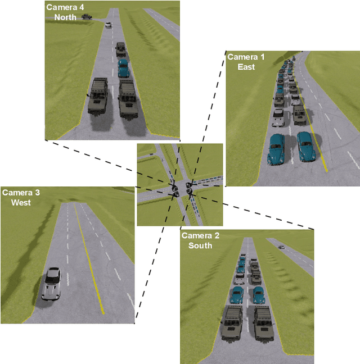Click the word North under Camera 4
(65, 17)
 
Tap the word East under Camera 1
(246, 67)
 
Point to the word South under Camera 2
(200, 245)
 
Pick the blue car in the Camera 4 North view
(123, 69)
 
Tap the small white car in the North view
(108, 25)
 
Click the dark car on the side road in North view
(87, 17)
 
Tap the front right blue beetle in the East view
(305, 145)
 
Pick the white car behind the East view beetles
(278, 117)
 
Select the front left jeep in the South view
(232, 322)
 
